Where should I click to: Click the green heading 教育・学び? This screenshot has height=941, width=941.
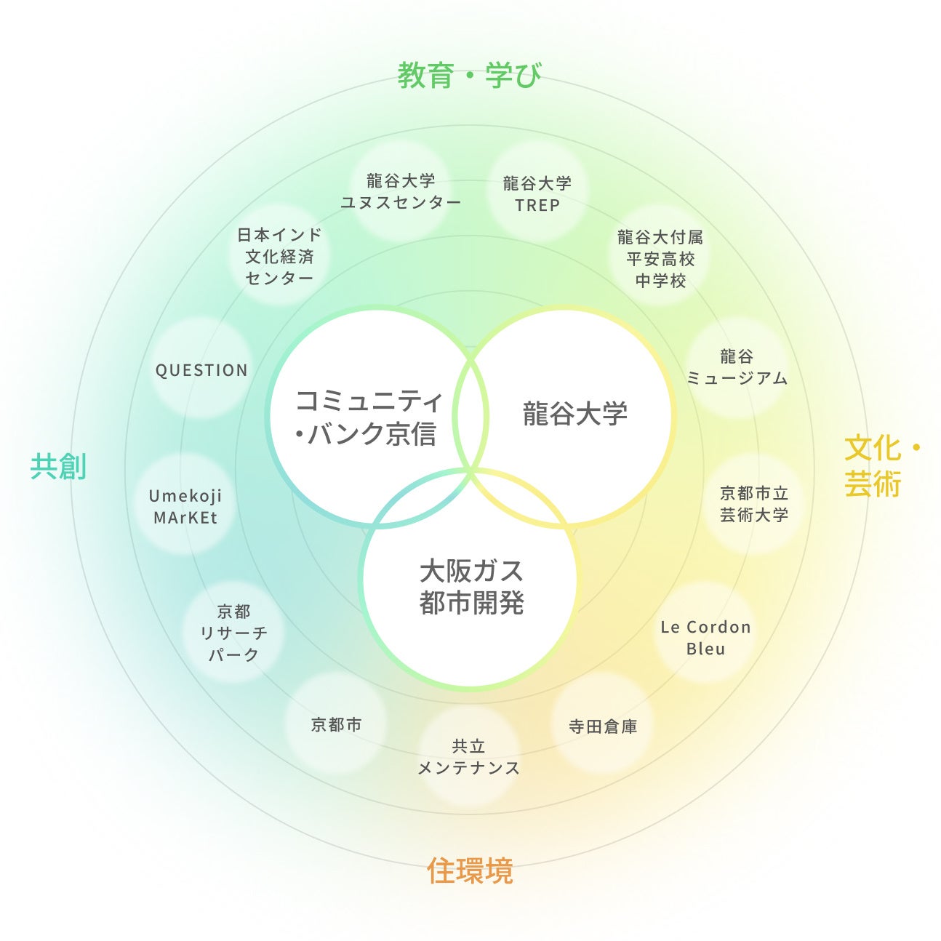point(469,75)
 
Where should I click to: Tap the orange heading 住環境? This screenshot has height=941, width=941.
point(470,870)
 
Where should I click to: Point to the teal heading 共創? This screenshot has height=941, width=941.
point(58,466)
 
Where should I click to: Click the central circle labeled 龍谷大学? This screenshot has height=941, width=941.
point(574,414)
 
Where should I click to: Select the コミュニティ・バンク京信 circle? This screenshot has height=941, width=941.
point(368,417)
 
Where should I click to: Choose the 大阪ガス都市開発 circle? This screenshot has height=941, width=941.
point(471,586)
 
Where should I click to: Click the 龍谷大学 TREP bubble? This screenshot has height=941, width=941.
point(537,193)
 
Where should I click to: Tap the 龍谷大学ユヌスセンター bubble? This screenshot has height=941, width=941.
point(401,191)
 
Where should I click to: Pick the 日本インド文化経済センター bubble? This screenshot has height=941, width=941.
point(279,256)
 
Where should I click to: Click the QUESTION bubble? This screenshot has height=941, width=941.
point(201,370)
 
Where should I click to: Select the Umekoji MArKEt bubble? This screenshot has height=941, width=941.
point(185,506)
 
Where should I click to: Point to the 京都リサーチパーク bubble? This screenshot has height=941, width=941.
point(233,633)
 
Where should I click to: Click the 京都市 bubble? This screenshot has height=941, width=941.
point(336,724)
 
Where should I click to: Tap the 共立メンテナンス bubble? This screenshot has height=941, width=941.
point(468,756)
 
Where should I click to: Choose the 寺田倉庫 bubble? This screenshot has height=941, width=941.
point(603,726)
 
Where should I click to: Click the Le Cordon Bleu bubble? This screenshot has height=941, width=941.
point(705,637)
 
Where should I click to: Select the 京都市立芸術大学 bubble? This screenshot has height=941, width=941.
point(754,503)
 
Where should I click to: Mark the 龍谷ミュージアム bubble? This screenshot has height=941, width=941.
point(737,367)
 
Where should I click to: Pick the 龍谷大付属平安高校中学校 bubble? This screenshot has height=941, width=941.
point(660,258)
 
